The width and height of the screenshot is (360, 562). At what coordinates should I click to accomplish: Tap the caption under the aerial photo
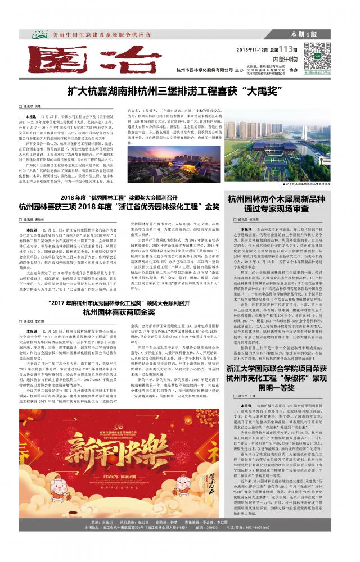tap(306, 184)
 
